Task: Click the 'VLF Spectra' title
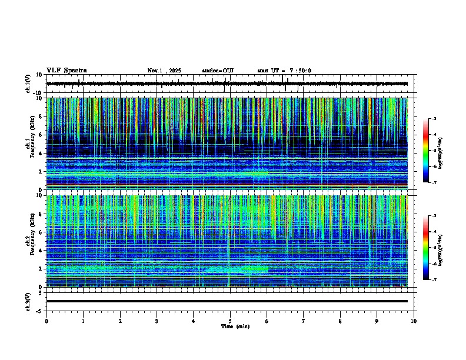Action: (66, 71)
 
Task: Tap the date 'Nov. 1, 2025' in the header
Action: (164, 71)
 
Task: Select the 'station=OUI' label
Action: (218, 71)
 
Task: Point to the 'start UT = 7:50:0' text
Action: (284, 71)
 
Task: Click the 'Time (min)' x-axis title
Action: (235, 326)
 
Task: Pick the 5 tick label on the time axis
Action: (230, 321)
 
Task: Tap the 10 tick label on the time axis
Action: (414, 321)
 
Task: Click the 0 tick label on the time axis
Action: (46, 321)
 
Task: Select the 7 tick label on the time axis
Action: (304, 321)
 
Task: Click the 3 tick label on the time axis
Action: (157, 321)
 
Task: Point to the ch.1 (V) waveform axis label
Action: (28, 84)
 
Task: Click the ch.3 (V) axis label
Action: (28, 301)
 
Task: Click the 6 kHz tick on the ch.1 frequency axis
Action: (41, 135)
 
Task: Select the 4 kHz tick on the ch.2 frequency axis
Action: (41, 251)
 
